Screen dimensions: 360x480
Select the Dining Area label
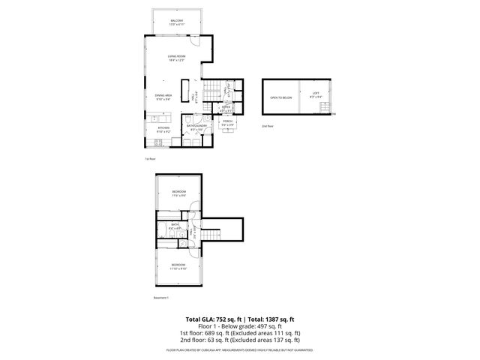point(163,95)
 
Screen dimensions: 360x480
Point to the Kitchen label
point(163,127)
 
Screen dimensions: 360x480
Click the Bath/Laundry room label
point(199,126)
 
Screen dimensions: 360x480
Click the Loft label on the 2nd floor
point(316,94)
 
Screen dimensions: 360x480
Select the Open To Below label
point(280,97)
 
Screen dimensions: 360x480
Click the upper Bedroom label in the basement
point(178,193)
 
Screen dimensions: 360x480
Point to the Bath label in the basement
point(174,225)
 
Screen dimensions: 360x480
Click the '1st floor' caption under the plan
point(150,159)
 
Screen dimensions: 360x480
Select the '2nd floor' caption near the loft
point(267,127)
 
